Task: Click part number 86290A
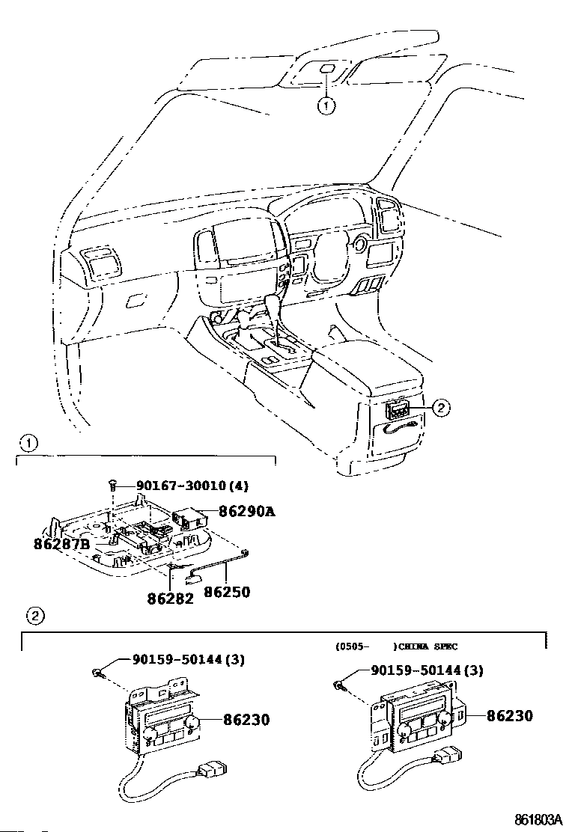tap(246, 512)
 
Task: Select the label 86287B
tap(61, 544)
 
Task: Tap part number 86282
tap(170, 598)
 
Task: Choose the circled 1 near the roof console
tap(326, 106)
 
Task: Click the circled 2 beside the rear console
tap(441, 407)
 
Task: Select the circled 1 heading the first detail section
tap(28, 443)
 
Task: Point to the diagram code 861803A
tap(537, 819)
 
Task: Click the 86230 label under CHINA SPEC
tap(509, 716)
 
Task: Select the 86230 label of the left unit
tap(246, 720)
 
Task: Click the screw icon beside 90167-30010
tap(112, 486)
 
